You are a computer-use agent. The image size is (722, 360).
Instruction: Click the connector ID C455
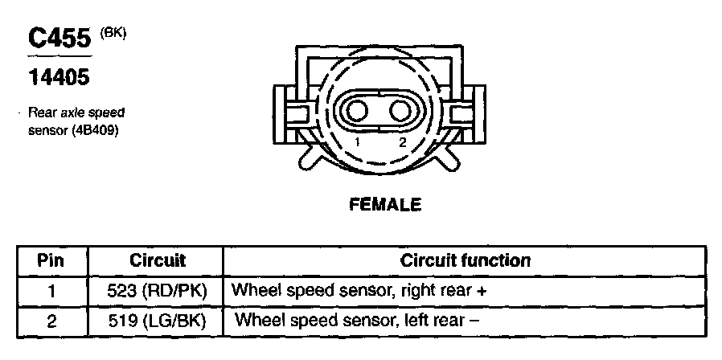tap(59, 39)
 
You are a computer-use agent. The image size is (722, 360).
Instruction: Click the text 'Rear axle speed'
tap(76, 113)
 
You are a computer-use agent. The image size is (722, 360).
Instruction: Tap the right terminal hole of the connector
tap(399, 109)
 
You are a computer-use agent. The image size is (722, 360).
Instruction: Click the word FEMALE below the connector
tap(385, 205)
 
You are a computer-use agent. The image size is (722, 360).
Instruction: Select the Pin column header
tap(51, 260)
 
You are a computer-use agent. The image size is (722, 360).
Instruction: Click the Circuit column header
tap(157, 260)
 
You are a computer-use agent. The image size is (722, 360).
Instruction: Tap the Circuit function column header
tap(465, 260)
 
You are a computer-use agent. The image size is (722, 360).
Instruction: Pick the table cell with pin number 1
tap(51, 290)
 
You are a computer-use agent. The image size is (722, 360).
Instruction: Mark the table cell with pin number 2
tap(51, 320)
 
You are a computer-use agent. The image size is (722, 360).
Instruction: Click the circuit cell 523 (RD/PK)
tap(157, 290)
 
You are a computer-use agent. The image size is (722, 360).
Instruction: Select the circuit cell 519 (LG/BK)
tap(157, 320)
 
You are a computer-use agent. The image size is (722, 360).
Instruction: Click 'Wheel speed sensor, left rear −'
tap(357, 320)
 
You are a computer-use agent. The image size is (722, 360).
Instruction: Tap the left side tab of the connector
tap(289, 112)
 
